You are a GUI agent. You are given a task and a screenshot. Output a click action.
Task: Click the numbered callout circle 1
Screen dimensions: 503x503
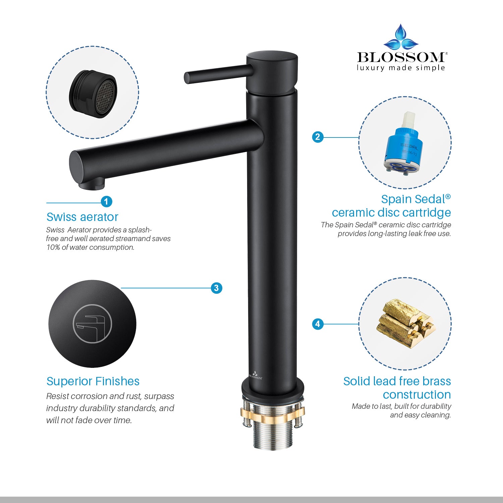106,202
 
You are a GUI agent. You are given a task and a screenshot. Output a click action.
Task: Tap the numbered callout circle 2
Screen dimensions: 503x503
318,137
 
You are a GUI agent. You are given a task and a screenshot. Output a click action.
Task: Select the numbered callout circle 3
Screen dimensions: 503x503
216,288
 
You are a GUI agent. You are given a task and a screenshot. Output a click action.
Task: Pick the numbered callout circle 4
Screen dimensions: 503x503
318,324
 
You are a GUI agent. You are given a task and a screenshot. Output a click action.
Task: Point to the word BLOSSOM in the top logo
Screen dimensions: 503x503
401,57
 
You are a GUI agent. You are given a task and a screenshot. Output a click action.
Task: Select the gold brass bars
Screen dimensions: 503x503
406,324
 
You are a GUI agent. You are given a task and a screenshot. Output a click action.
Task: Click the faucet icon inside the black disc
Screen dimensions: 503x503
92,324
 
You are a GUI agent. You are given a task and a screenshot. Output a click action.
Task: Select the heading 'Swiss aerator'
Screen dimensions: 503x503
82,217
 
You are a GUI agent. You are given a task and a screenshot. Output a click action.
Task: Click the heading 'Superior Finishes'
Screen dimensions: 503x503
93,381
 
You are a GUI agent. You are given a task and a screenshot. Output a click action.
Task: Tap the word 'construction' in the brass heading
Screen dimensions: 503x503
417,395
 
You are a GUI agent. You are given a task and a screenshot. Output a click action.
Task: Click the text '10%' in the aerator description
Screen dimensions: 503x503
53,247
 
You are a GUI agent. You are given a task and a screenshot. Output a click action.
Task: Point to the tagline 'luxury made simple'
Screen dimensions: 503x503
401,68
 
